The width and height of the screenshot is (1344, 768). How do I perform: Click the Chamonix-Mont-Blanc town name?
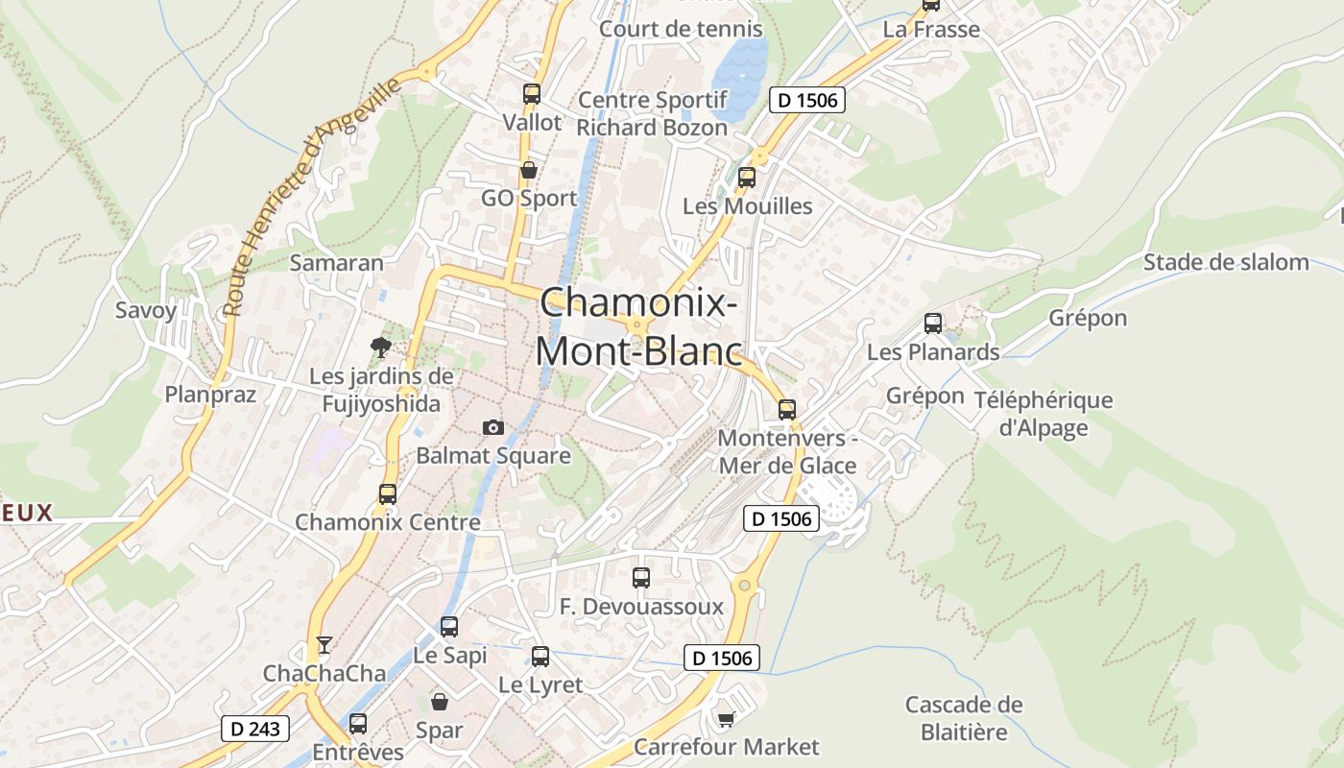pos(638,326)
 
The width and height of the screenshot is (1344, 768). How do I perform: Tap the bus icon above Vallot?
pos(532,94)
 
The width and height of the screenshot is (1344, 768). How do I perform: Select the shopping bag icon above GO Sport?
pos(528,171)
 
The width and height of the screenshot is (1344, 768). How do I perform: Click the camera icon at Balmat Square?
pos(493,427)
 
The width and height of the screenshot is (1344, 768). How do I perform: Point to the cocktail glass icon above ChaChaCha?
pos(324,644)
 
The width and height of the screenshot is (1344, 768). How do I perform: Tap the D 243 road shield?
pos(255,729)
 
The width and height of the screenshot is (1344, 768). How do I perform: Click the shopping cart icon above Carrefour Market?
pos(726,718)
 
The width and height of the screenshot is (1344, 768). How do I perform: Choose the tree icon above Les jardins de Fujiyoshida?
pos(381,348)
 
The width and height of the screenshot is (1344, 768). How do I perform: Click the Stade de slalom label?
pos(1226,262)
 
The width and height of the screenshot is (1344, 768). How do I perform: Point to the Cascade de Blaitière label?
pos(964,718)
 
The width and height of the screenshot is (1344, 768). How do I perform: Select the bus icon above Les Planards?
pos(933,324)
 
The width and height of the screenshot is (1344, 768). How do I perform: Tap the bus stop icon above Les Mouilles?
pos(747,178)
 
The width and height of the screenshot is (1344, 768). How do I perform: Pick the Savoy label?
pos(146,310)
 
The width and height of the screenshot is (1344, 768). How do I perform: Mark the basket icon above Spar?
pos(440,702)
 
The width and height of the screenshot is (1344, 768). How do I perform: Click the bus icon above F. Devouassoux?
pos(641,578)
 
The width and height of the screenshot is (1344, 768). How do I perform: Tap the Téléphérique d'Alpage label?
pos(1044,414)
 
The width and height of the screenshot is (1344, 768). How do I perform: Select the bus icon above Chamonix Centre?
pos(388,494)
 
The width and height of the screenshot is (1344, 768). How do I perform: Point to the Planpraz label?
pos(210,395)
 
